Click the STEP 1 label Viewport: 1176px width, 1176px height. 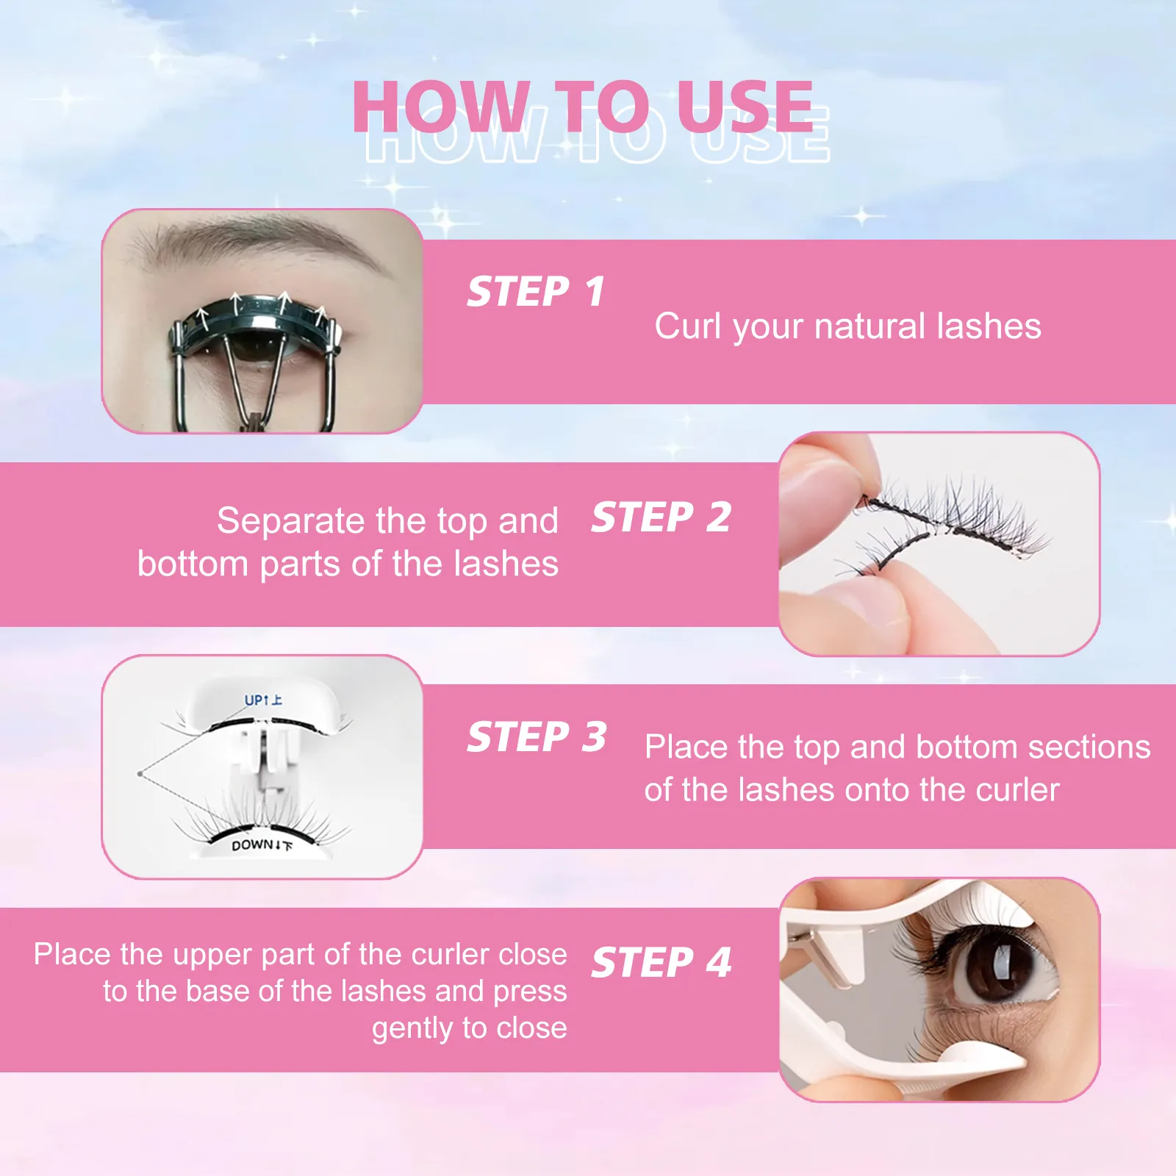[x=536, y=292]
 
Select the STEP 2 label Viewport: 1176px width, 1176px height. [x=661, y=517]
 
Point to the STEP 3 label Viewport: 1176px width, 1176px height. [x=537, y=736]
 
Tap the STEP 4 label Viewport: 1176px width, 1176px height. [x=661, y=962]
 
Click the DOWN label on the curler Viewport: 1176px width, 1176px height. [x=252, y=845]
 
